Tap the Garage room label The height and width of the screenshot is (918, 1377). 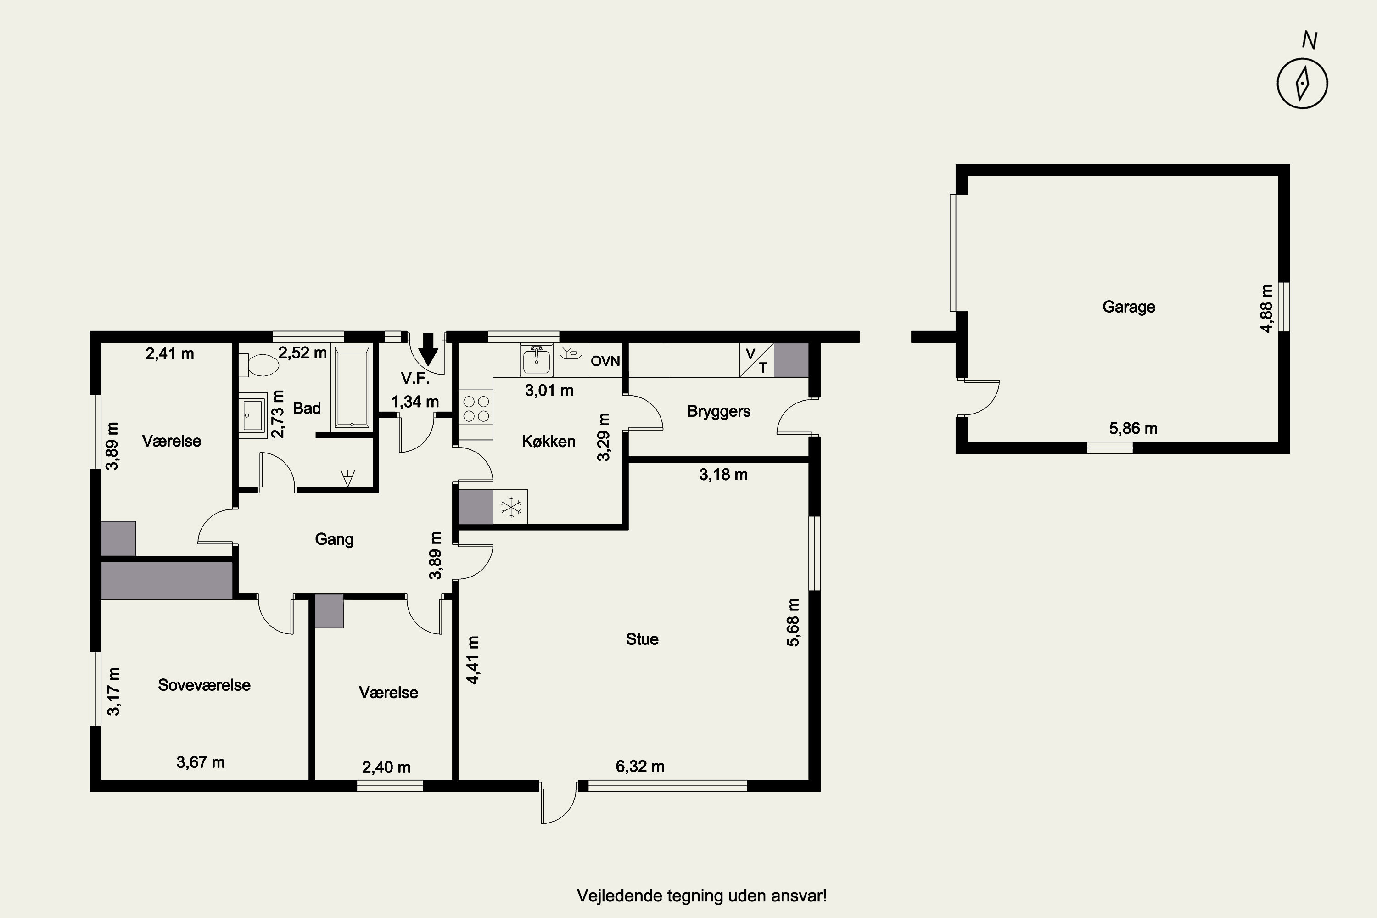tap(1129, 307)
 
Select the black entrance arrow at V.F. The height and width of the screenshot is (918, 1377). tap(429, 349)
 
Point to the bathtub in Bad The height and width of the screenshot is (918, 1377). tap(351, 387)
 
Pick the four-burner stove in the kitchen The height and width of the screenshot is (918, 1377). tap(476, 409)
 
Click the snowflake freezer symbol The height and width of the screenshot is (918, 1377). tap(510, 507)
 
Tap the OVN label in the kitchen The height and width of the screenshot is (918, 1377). tap(605, 361)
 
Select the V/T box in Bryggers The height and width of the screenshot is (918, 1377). tap(756, 360)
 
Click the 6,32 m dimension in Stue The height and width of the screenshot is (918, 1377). tap(640, 767)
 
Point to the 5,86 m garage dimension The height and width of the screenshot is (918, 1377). tap(1133, 429)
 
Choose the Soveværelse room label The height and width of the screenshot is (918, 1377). tap(204, 685)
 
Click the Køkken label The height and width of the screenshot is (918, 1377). tap(549, 442)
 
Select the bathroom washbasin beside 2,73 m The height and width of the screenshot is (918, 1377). tap(253, 415)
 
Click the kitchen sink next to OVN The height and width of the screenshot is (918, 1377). tap(536, 359)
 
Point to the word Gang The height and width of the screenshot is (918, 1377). tap(334, 539)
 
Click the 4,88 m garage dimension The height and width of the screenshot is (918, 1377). tap(1266, 308)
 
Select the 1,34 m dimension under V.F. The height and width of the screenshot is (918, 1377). tap(415, 402)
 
